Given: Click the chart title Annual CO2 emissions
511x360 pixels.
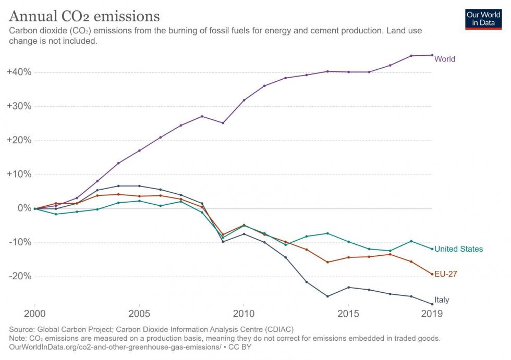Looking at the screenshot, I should click(x=84, y=15).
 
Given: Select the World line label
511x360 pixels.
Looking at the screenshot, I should click(x=445, y=59).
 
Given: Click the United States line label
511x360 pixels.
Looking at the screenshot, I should click(x=458, y=249).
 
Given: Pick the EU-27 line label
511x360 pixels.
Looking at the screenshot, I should click(x=446, y=274).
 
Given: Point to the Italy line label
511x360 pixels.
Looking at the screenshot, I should click(x=442, y=300).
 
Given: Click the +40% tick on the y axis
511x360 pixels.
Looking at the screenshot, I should click(x=19, y=72).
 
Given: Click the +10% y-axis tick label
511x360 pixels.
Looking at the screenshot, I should click(x=19, y=174).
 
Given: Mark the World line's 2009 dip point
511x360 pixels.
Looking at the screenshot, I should click(x=223, y=123).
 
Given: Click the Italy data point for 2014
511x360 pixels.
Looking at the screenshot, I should click(x=327, y=296).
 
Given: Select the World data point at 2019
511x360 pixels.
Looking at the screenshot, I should click(x=432, y=55).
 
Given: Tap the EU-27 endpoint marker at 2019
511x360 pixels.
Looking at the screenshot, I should click(x=432, y=274).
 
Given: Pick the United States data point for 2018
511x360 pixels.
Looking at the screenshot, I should click(x=411, y=241).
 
